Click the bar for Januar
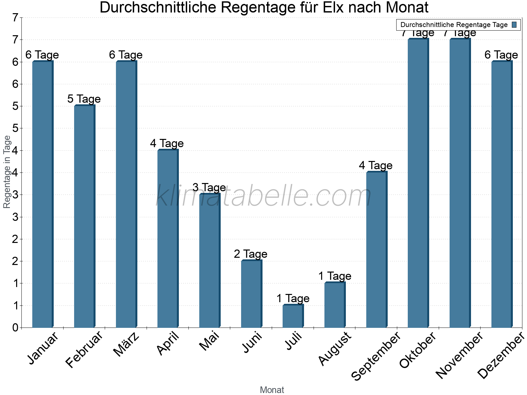tap(42, 194)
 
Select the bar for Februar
tap(84, 216)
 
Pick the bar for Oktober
tap(418, 183)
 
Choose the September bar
tap(376, 250)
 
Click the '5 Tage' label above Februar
tap(84, 99)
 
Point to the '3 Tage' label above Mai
tap(209, 187)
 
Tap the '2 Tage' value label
tap(251, 254)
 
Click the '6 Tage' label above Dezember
tap(501, 55)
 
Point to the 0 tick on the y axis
tap(15, 328)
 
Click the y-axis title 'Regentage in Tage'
tap(7, 172)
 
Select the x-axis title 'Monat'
tap(272, 390)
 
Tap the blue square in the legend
tap(514, 25)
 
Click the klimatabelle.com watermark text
tap(263, 196)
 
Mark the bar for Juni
tap(251, 294)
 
